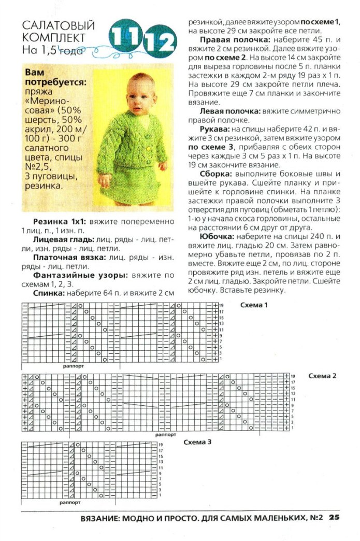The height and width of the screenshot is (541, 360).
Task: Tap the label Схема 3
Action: [197, 443]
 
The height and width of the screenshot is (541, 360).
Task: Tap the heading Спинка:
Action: [48, 293]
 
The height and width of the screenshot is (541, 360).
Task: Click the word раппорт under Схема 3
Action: [70, 503]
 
